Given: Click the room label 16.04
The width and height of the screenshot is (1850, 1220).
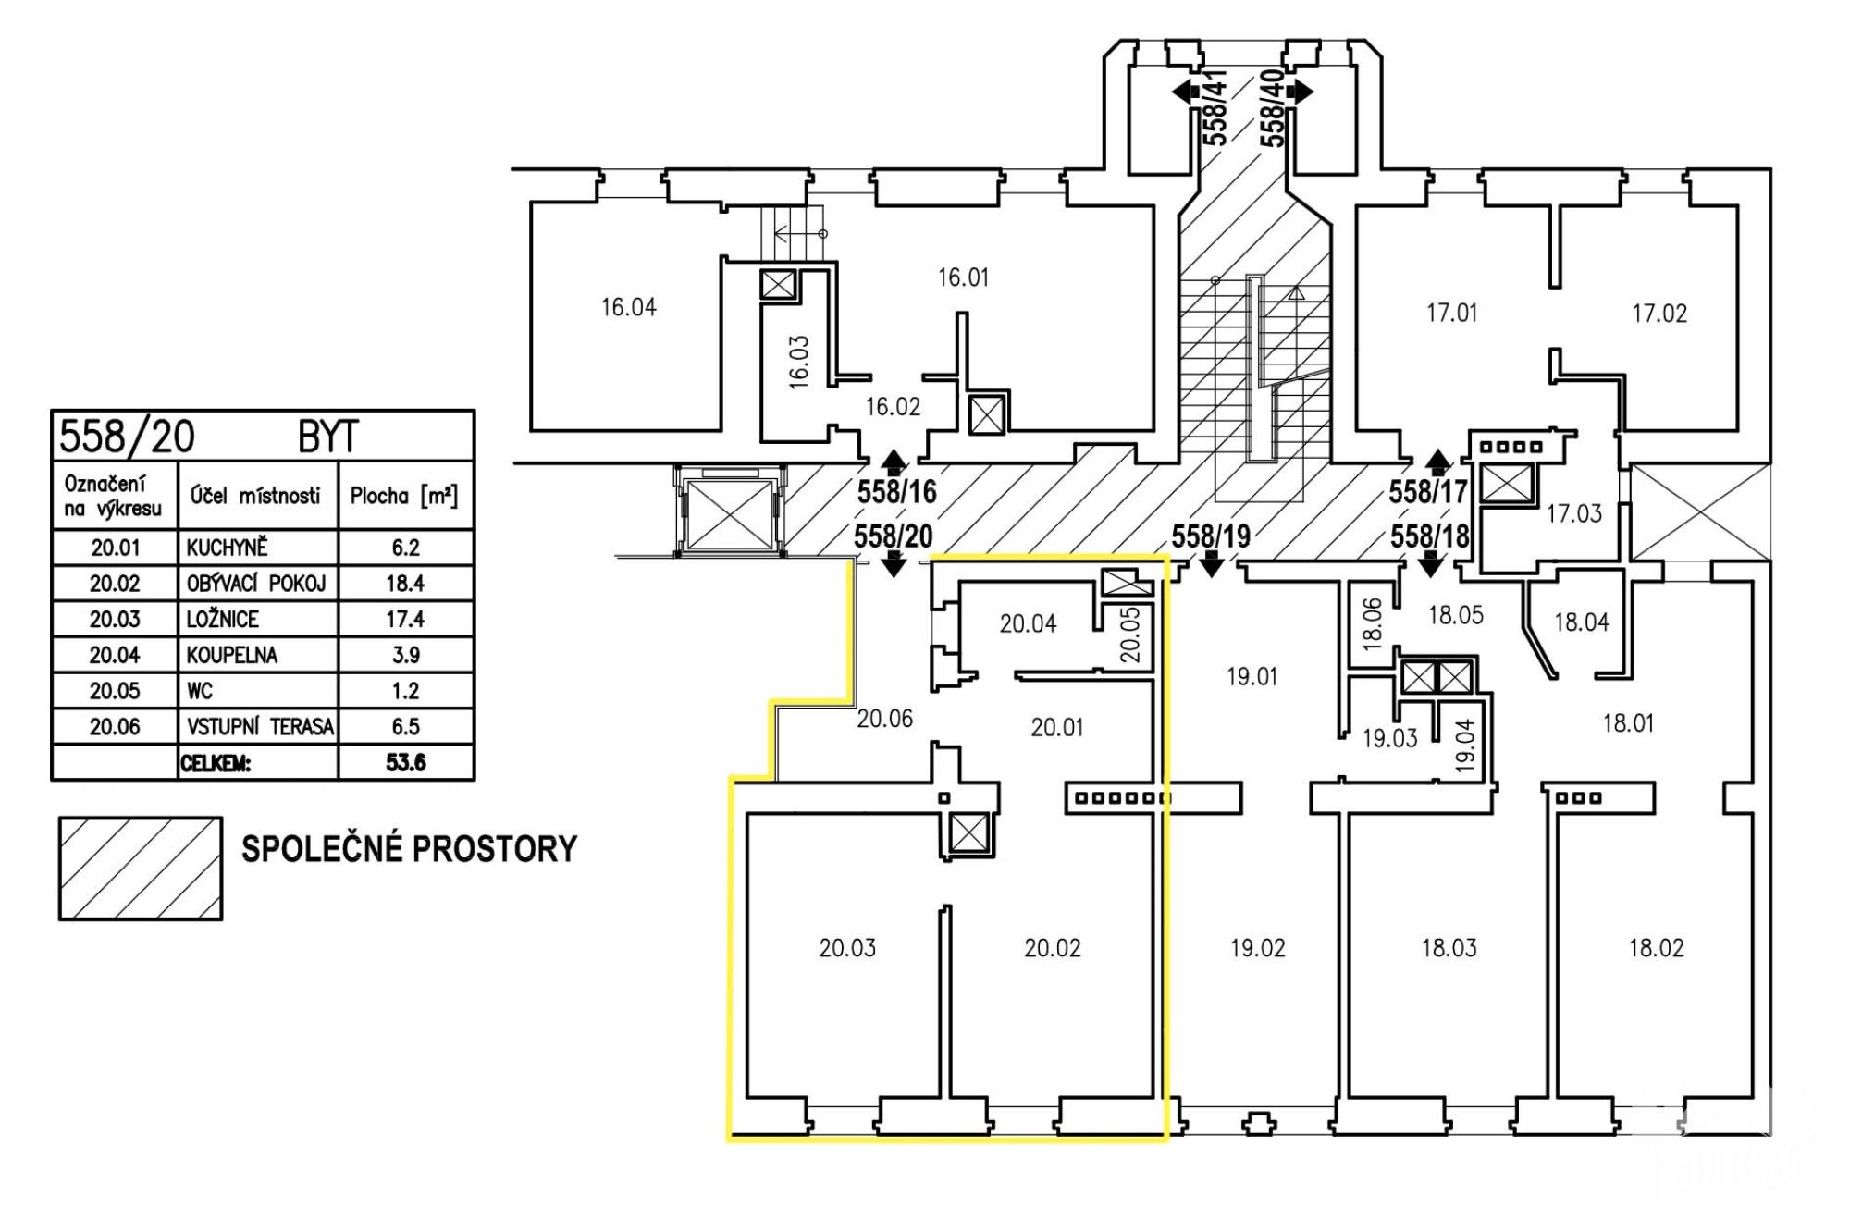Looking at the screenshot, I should point(628,307).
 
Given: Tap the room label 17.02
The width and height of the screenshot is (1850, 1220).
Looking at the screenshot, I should point(1659,314).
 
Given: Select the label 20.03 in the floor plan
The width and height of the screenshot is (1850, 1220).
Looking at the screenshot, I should point(846,948).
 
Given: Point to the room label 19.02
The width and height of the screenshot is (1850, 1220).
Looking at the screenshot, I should point(1257,948).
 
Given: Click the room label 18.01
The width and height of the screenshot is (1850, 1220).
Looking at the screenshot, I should point(1628,723).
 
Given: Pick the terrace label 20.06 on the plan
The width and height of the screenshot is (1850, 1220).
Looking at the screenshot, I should point(884,719).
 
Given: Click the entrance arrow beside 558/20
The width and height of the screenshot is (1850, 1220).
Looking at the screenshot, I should point(894,563).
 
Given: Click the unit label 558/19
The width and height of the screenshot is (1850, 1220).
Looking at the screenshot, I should point(1211,536).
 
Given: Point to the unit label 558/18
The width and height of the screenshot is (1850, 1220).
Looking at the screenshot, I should point(1429,536).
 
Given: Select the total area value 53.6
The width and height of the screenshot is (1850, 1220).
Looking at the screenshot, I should point(405,763).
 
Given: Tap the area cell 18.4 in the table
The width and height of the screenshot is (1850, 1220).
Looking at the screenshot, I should point(405,584).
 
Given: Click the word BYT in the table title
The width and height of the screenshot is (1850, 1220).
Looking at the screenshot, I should point(328,437).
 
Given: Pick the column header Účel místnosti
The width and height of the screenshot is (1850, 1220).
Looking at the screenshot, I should point(255,496).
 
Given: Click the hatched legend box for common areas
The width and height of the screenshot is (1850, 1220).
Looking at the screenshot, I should point(141,869).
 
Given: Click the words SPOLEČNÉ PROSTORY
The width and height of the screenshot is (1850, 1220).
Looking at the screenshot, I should point(409,849).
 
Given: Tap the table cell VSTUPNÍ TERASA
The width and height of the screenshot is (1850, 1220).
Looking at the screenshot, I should point(259,727).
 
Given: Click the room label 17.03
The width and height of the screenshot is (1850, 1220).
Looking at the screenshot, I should point(1573,513).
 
